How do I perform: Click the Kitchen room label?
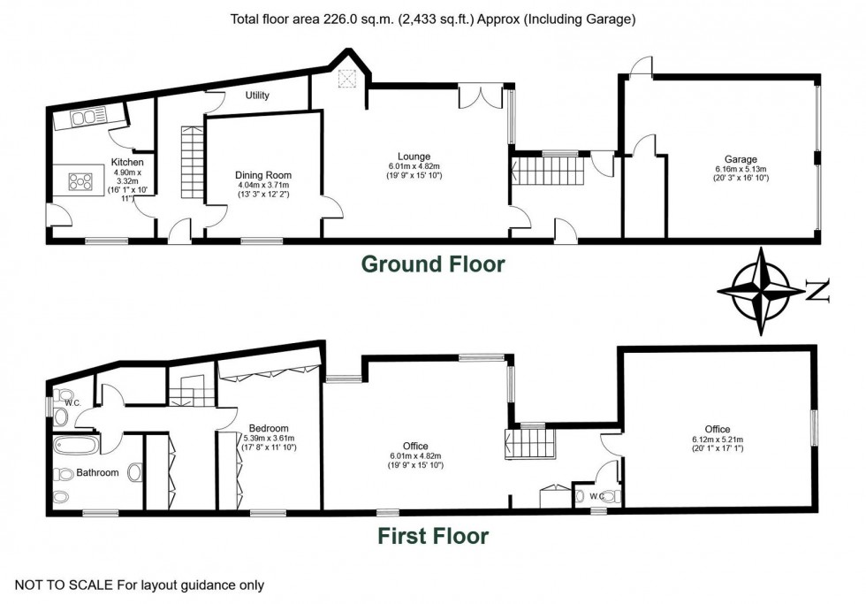127,162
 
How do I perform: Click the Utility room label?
258,96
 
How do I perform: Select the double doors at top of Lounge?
472,96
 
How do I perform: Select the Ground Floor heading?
432,264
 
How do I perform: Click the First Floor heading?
433,535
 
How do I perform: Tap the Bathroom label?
97,472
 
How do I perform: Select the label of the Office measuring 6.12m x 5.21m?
717,430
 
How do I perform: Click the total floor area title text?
432,19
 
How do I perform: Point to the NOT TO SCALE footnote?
140,585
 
